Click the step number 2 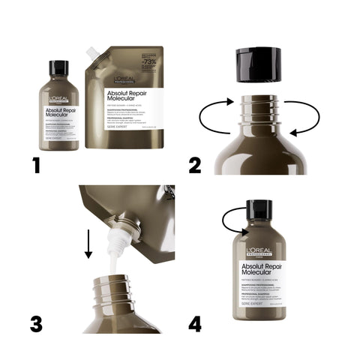point(194,165)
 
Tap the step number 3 point(36,323)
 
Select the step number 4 point(195,323)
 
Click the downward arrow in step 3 point(88,244)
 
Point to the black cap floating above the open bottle point(258,64)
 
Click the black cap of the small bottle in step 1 point(58,68)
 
